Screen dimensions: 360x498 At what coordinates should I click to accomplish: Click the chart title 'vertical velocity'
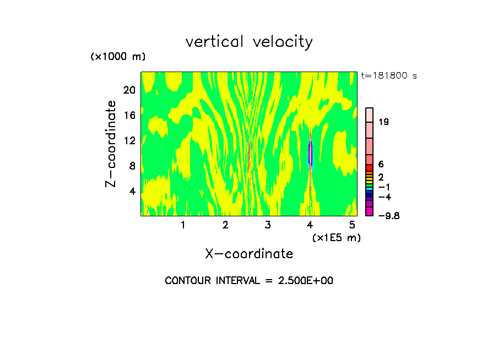[x=249, y=42]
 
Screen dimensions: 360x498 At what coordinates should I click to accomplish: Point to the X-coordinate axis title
[x=249, y=254]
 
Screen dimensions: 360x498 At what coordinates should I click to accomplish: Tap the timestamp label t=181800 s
[x=389, y=76]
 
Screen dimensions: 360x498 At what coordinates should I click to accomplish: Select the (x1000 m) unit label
[x=118, y=57]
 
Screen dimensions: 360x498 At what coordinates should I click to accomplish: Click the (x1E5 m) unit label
[x=336, y=237]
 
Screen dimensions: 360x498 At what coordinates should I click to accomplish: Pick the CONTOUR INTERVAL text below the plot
[x=249, y=281]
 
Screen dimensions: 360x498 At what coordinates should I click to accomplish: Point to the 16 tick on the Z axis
[x=129, y=115]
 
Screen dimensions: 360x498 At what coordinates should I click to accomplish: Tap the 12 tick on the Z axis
[x=129, y=140]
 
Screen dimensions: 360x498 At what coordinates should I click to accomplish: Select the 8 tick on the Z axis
[x=132, y=166]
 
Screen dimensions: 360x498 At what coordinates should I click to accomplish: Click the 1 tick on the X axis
[x=183, y=225]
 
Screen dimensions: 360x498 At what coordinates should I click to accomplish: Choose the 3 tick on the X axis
[x=268, y=225]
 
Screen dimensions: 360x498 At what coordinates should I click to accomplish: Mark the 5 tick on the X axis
[x=353, y=225]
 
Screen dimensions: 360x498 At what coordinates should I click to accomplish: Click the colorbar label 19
[x=384, y=122]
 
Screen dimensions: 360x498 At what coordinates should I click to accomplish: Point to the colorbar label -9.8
[x=389, y=216]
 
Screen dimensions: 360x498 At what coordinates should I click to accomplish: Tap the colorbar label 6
[x=381, y=165]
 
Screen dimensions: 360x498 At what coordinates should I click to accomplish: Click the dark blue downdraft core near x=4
[x=310, y=153]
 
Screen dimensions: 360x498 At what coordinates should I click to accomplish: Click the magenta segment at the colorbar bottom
[x=370, y=212]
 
